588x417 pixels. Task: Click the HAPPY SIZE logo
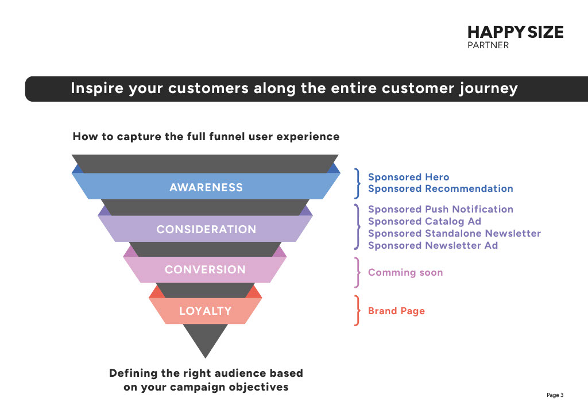515,32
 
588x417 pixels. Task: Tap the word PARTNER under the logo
488,45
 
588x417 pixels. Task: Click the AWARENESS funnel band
206,187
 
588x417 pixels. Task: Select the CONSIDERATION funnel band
206,229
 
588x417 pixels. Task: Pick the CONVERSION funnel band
205,269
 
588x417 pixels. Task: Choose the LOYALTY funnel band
205,311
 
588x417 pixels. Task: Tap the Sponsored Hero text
408,177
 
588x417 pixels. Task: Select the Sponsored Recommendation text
440,188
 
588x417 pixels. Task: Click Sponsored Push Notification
440,209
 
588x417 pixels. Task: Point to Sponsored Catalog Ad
424,221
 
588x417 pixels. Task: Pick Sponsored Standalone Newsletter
454,233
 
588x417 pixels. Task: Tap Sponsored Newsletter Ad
432,245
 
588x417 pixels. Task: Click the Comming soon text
405,272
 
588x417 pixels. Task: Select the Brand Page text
396,311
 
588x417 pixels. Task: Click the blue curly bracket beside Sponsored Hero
357,183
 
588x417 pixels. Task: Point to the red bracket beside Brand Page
357,311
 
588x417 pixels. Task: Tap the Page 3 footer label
555,395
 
